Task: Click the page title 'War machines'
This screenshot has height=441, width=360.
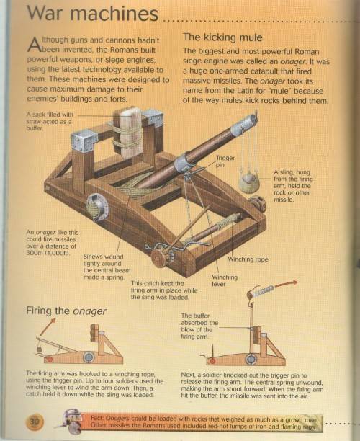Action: (x=92, y=13)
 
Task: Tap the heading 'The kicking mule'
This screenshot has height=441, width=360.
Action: (x=222, y=37)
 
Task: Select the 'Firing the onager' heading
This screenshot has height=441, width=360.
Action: (x=66, y=311)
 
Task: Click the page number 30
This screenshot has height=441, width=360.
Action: (x=35, y=422)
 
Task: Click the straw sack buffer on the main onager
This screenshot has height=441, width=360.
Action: (x=128, y=132)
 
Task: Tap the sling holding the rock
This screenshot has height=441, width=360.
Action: (x=248, y=182)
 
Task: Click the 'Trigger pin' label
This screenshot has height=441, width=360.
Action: (x=225, y=161)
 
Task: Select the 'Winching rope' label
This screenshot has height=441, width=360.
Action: (x=248, y=259)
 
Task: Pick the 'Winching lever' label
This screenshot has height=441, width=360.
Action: (x=225, y=280)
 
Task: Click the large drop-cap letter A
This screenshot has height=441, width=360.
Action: (x=33, y=45)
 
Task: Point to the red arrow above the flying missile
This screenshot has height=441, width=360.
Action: (x=287, y=283)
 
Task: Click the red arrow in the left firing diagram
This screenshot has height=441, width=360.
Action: (x=48, y=327)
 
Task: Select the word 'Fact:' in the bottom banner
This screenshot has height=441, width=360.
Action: (x=97, y=418)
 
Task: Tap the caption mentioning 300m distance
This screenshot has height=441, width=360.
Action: (x=53, y=242)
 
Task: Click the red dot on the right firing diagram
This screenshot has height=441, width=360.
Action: (x=212, y=361)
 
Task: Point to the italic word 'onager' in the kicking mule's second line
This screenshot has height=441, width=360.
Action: (x=292, y=61)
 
